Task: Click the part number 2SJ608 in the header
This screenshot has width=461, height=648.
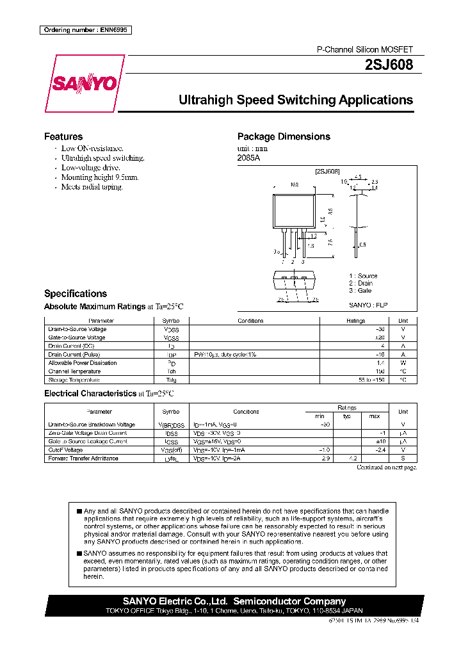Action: click(x=389, y=65)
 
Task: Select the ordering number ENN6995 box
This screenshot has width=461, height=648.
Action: click(x=85, y=30)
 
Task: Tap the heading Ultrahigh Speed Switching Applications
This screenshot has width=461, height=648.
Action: click(x=295, y=101)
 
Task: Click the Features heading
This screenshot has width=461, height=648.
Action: click(x=63, y=136)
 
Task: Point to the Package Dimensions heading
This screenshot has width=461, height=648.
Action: click(x=284, y=136)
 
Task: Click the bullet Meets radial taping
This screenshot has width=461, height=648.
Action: click(x=92, y=187)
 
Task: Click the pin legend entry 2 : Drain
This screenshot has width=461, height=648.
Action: click(x=361, y=283)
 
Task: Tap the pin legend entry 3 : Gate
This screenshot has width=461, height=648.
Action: click(x=360, y=291)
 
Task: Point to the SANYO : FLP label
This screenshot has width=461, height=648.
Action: click(x=369, y=305)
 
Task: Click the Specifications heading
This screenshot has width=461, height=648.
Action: click(x=76, y=294)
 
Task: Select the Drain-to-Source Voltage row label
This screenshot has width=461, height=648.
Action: click(x=77, y=329)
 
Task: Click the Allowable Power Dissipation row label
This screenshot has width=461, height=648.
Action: click(x=83, y=363)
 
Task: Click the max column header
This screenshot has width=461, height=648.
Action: click(x=375, y=416)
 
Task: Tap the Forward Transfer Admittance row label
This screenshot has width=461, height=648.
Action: click(x=83, y=458)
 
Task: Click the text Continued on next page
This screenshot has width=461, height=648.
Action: click(x=387, y=467)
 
